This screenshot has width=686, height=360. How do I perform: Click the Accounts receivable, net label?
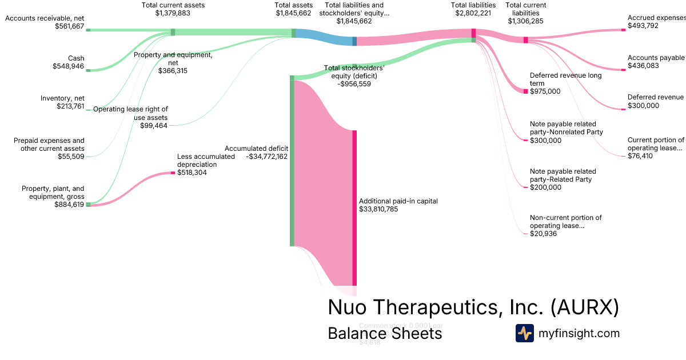tap(45, 18)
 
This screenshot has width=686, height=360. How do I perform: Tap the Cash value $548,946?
tap(68, 66)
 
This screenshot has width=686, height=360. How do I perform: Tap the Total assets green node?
tap(294, 33)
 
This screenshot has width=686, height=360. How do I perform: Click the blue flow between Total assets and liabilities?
tap(324, 37)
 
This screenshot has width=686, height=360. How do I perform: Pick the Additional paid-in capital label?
tap(398, 201)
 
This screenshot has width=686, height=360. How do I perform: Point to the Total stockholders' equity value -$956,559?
tap(354, 83)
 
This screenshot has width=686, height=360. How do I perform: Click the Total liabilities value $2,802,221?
tap(473, 13)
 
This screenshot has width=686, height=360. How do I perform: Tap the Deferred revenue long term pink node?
tap(526, 91)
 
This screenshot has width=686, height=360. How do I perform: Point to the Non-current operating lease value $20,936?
tap(543, 233)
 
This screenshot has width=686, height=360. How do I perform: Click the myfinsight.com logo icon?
tap(524, 333)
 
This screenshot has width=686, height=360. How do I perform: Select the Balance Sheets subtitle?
tap(385, 334)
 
